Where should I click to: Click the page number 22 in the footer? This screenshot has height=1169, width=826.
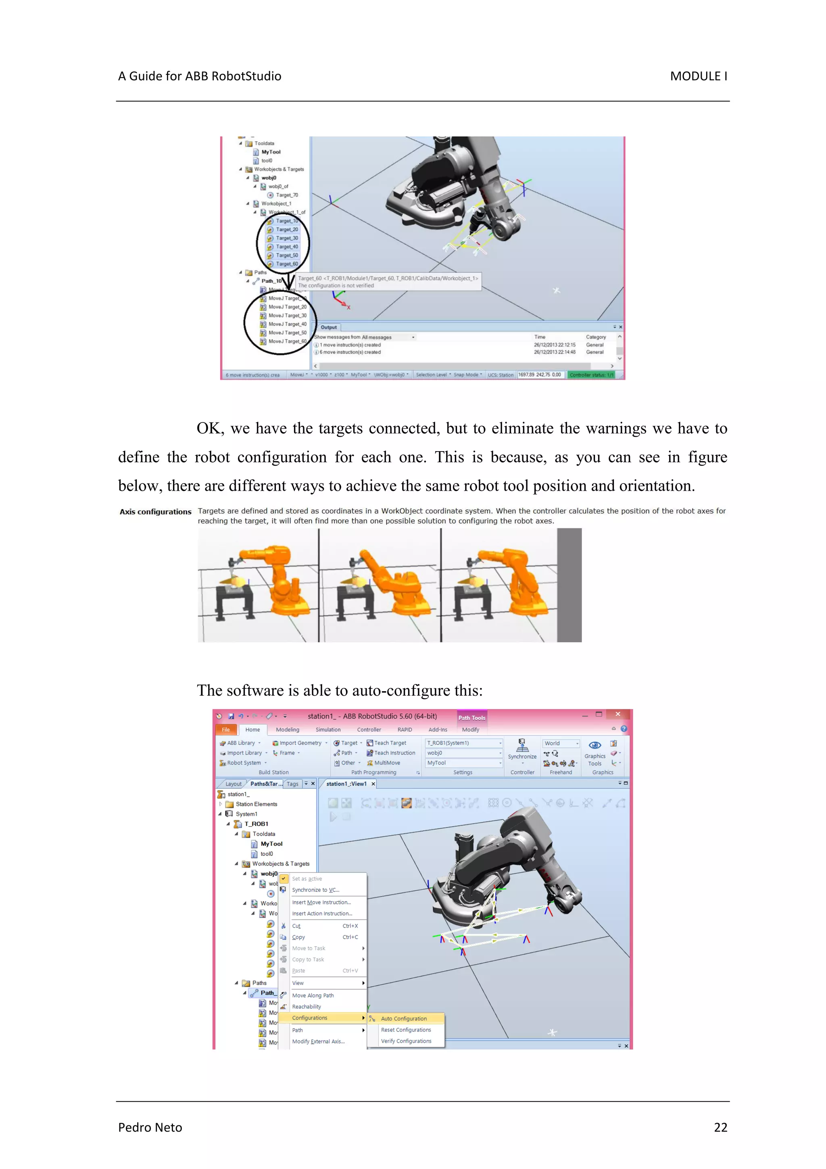(720, 1127)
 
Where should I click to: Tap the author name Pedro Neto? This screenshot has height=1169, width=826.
(150, 1127)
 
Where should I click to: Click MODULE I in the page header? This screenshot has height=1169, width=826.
(698, 76)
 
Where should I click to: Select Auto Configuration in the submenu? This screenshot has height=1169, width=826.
(404, 1018)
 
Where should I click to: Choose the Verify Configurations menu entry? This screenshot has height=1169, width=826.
(406, 1041)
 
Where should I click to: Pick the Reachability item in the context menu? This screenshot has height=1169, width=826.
(307, 1006)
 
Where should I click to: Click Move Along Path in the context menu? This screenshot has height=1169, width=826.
(313, 995)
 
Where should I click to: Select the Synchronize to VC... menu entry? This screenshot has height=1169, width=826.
(315, 890)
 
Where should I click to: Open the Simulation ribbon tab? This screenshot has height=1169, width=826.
(328, 730)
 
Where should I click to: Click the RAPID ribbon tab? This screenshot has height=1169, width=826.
(405, 730)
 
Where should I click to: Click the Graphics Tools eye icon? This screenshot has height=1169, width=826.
(594, 745)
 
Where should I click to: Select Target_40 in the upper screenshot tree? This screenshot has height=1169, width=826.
(286, 247)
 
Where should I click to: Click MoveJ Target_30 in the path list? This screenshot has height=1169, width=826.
(287, 315)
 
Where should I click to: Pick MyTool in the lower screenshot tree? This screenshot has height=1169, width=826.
(271, 844)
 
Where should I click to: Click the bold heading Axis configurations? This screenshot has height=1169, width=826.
(155, 512)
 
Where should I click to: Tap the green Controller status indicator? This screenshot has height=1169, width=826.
(591, 375)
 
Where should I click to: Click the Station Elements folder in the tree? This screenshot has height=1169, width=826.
(256, 804)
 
